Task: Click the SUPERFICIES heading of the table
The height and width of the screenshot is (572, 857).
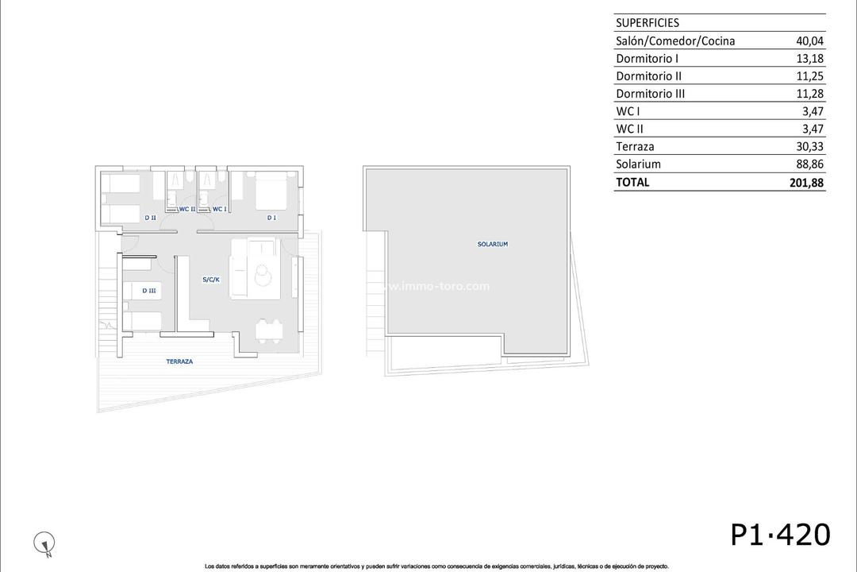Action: click(x=648, y=23)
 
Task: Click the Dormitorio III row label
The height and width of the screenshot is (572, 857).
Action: click(x=650, y=94)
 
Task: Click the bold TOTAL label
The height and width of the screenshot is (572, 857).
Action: click(x=632, y=182)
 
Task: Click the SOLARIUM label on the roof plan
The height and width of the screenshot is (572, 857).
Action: click(x=492, y=245)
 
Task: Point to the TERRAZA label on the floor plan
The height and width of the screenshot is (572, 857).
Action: click(x=179, y=361)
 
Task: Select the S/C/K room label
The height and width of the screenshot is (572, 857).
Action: click(x=211, y=280)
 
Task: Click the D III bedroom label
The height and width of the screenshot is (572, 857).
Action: click(x=149, y=292)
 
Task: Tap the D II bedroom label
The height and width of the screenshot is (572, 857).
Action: click(x=149, y=218)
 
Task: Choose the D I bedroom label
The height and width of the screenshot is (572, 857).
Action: click(x=271, y=218)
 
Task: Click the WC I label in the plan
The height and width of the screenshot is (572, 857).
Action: click(x=220, y=210)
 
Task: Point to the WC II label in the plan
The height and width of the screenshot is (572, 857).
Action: click(x=187, y=210)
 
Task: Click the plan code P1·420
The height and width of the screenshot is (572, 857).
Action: click(x=780, y=535)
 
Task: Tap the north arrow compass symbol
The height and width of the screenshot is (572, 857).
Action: click(x=45, y=543)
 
